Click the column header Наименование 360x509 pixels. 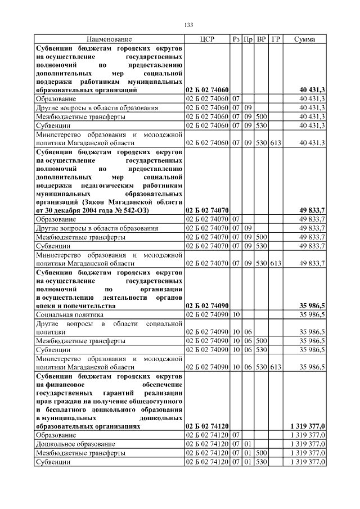109,39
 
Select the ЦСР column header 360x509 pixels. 206,39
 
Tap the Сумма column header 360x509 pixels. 304,39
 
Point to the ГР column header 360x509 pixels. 276,39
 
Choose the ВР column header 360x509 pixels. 261,39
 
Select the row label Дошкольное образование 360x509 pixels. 68,444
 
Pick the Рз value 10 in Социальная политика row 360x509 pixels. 236,314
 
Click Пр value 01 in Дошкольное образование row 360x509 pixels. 248,444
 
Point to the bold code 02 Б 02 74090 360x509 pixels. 206,305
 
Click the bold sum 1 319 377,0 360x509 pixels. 308,426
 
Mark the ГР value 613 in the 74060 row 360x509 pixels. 276,143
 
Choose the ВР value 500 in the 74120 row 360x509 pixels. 261,453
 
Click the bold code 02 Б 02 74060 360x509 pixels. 206,90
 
